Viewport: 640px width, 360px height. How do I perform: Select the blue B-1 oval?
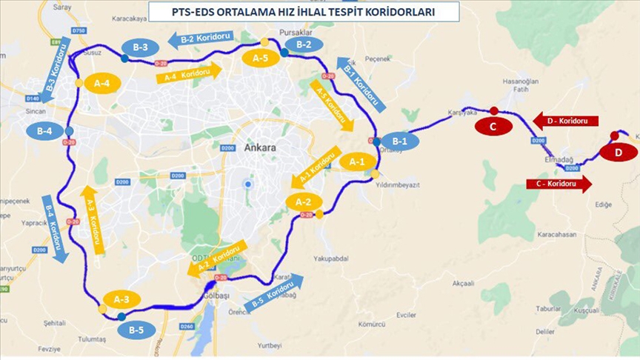coord(400,141)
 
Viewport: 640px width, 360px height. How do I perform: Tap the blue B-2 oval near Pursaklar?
coord(304,44)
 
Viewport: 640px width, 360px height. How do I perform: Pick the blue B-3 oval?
coord(141,48)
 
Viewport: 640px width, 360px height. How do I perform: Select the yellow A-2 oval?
coord(304,201)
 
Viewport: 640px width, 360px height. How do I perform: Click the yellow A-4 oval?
coord(102,84)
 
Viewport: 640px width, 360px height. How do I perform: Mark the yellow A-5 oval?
coord(261,58)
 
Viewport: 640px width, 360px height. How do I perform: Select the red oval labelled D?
coord(618,153)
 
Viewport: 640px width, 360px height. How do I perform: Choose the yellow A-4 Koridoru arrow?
coord(189,73)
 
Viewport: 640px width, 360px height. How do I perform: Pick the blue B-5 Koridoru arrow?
coord(274,292)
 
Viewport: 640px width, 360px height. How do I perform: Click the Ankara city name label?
coord(260,148)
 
